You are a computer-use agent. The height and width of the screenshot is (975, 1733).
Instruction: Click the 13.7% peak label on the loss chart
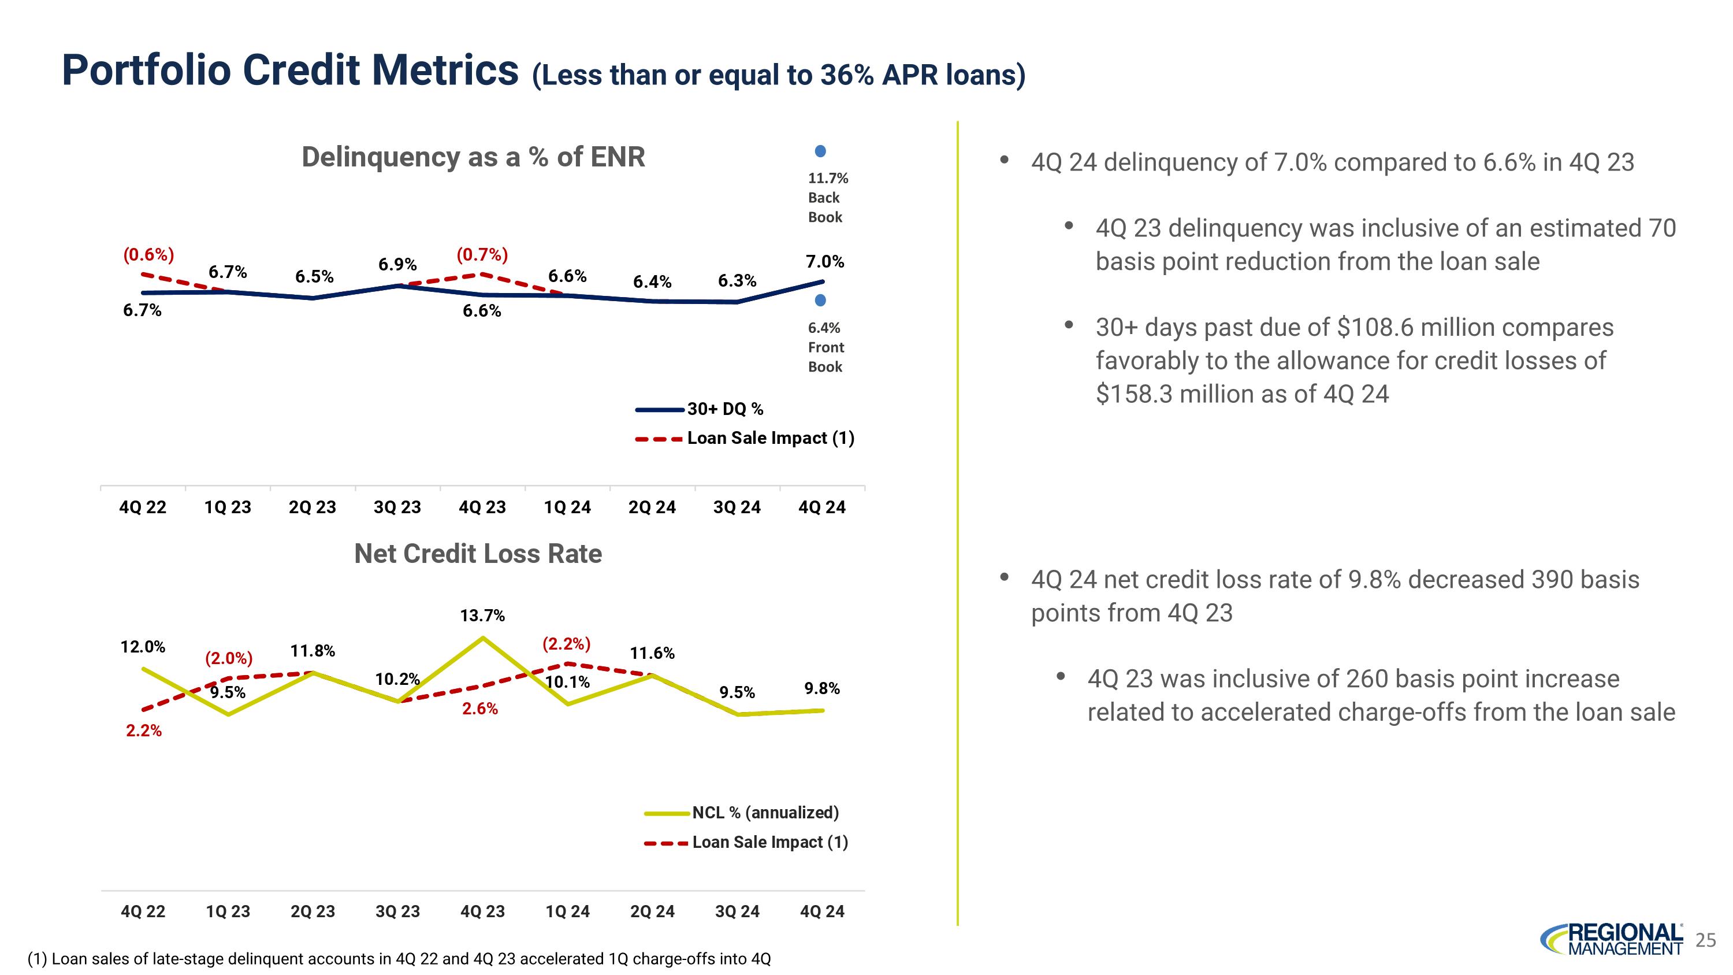point(482,615)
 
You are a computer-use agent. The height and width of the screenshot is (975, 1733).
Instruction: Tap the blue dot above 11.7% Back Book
point(820,151)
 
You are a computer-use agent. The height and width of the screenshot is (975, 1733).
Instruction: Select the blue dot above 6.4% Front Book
point(820,300)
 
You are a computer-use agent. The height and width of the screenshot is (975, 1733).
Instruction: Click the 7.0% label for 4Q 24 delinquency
point(825,261)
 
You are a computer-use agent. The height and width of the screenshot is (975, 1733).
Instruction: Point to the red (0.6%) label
point(148,254)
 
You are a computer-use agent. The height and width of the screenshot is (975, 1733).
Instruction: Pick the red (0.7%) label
point(482,254)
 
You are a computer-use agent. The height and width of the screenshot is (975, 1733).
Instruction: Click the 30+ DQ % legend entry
point(724,409)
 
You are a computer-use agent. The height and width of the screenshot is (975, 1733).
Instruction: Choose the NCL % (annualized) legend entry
point(765,812)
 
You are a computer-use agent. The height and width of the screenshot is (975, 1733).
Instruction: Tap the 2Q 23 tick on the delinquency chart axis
point(312,507)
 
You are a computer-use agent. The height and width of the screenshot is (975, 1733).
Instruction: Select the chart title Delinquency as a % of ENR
point(473,157)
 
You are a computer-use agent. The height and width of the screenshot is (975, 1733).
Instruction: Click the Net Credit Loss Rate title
point(478,554)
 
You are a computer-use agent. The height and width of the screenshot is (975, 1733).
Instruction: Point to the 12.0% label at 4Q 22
point(143,647)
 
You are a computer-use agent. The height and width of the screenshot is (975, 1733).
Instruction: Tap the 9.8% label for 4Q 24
point(821,688)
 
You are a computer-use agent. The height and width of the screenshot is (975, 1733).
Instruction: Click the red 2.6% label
point(479,709)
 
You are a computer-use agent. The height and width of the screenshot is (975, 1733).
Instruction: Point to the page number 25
point(1705,940)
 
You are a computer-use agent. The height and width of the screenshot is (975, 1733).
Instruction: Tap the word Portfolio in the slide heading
point(146,70)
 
